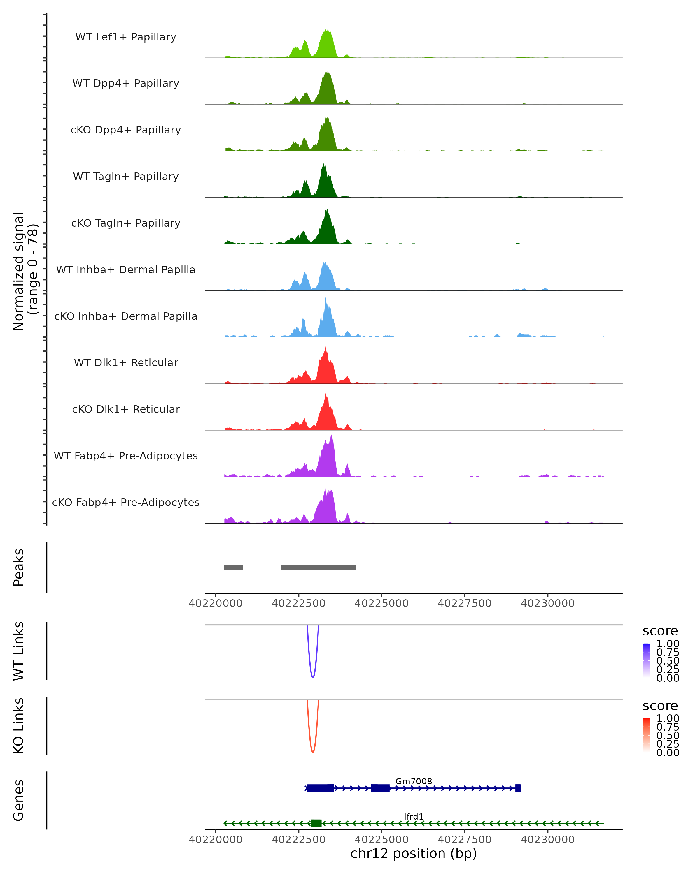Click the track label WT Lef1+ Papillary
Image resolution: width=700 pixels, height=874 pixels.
pos(126,37)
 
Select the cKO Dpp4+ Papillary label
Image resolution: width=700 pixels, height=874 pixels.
pos(126,130)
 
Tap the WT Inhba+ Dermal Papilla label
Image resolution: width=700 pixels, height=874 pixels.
pos(126,269)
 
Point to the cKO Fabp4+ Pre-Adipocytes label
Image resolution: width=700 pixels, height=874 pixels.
pos(126,502)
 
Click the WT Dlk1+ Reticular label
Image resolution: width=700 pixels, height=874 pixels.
pos(126,362)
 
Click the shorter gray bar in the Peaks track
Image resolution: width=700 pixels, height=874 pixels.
pos(233,568)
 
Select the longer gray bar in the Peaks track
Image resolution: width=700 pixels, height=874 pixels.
pos(318,568)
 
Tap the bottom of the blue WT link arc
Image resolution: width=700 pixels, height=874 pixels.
pos(312,677)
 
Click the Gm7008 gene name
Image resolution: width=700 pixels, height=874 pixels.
pos(414,781)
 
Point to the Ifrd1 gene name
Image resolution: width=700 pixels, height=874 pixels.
pos(414,816)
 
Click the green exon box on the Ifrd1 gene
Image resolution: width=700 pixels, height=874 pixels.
pos(316,823)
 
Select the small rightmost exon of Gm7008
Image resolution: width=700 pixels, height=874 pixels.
pos(518,788)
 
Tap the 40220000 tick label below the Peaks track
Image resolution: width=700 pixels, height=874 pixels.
pos(216,603)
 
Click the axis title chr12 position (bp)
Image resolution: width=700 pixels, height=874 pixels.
pos(414,854)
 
